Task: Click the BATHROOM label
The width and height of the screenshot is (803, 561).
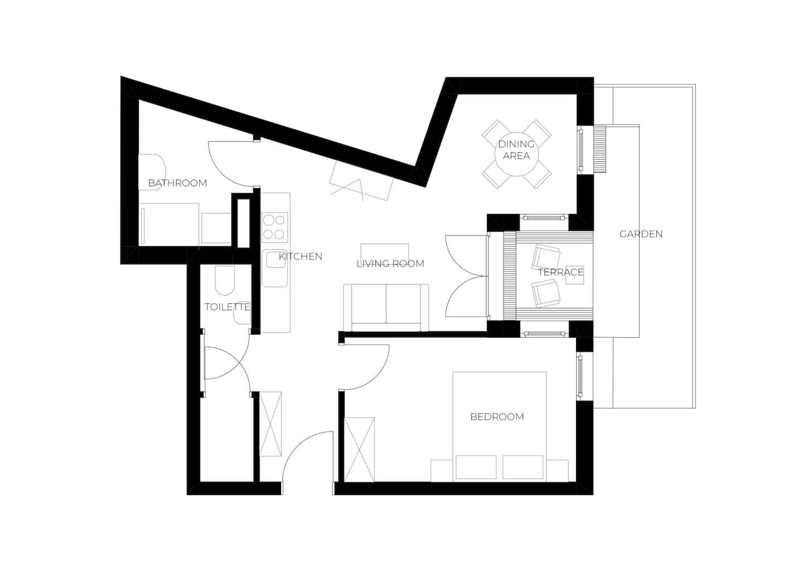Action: pos(177,183)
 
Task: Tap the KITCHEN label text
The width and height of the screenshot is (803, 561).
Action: pos(301,257)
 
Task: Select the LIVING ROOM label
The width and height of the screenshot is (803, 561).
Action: pos(390,263)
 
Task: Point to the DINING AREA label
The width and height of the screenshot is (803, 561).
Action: pos(516,150)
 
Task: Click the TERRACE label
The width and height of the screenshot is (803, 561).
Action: pos(560,272)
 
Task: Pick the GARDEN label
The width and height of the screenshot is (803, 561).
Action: pos(641,234)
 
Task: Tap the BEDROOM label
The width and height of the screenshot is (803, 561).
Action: pos(497,417)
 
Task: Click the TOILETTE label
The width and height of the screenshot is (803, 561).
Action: pos(227,307)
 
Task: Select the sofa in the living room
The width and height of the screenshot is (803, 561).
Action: pos(386,307)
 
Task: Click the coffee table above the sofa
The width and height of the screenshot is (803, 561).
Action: pos(384,250)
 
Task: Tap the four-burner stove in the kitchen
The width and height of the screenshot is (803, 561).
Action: pos(275,227)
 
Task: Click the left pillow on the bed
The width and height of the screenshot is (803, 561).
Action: pos(476,467)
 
